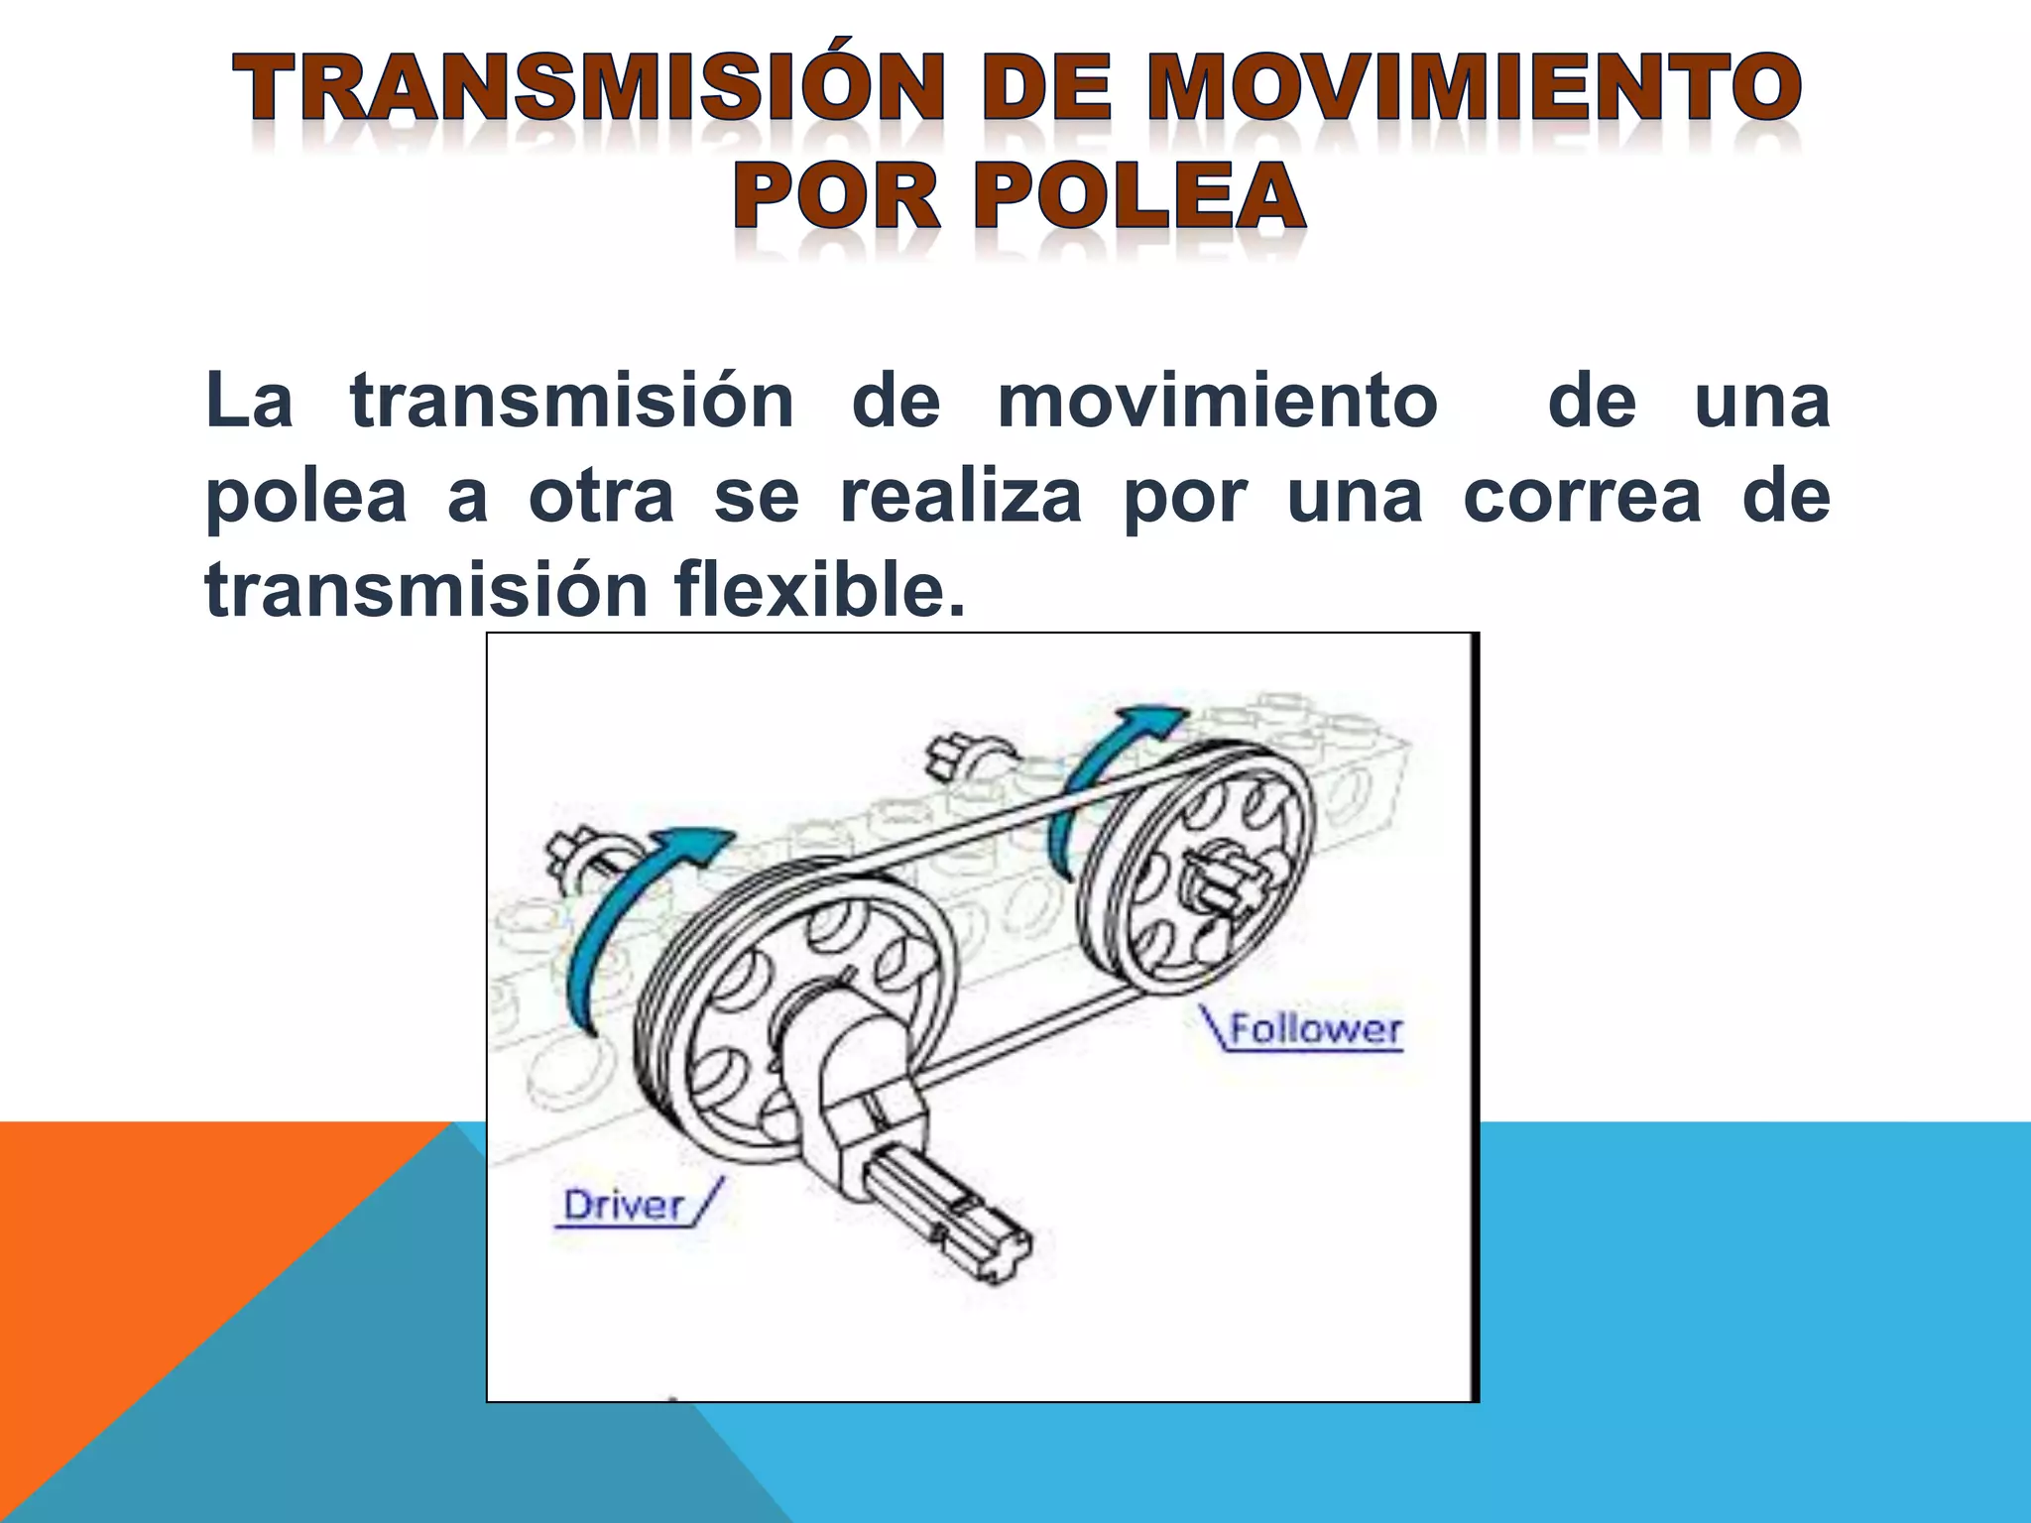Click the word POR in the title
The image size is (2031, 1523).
click(835, 196)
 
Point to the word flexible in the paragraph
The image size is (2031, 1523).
click(819, 590)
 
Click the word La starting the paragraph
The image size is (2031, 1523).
click(249, 402)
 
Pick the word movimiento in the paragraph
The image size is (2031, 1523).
click(1217, 402)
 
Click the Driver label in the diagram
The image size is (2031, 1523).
click(625, 1206)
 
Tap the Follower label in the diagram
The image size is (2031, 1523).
click(1316, 1029)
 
